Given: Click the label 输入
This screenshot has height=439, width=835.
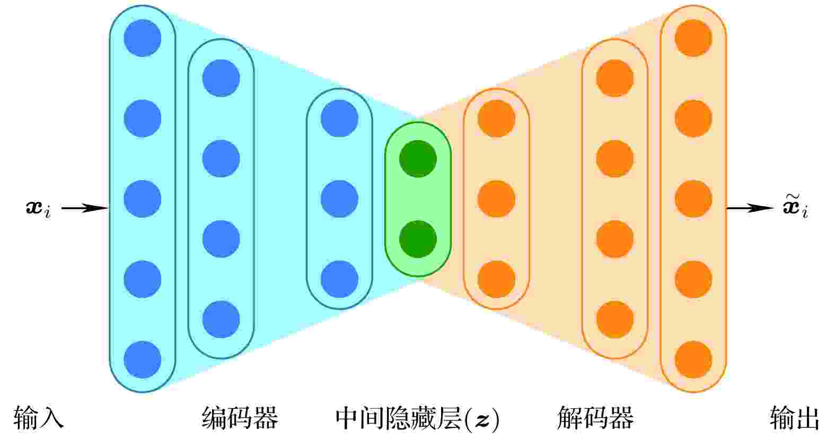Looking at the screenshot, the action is pos(39,418).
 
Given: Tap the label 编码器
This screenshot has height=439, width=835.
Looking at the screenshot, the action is pos(240,418).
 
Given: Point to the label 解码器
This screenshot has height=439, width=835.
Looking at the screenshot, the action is pos(595,418).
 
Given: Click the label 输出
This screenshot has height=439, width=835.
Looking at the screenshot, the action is pos(795,418).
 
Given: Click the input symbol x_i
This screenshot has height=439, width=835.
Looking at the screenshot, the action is pos(38,209).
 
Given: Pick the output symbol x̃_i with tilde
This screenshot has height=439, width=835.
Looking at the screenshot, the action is pos(795,206).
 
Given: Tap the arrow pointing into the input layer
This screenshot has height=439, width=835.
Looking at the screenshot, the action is pos(85,208).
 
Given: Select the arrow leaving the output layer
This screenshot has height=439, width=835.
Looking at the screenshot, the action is pos(750,208).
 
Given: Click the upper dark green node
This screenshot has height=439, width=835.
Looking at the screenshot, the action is pos(418,159).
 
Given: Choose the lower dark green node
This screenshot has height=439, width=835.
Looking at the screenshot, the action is pos(418,239).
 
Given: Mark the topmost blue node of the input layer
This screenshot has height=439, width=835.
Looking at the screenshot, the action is pos(143,38).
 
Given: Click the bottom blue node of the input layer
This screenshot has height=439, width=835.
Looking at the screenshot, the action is pos(143,359).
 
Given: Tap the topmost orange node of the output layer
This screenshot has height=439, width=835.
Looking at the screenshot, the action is pos(693,38).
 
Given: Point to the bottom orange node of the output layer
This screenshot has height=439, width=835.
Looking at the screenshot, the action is pos(693,359).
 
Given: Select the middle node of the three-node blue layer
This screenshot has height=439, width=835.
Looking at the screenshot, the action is pos(340,199).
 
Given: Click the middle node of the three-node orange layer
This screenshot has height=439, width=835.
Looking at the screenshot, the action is pos(497,199).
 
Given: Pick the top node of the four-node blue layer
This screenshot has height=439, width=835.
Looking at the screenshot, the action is pos(221,78).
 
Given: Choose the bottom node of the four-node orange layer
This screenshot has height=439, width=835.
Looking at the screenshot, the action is pos(614,320).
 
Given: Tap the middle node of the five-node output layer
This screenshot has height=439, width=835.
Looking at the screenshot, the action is pos(693,199).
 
